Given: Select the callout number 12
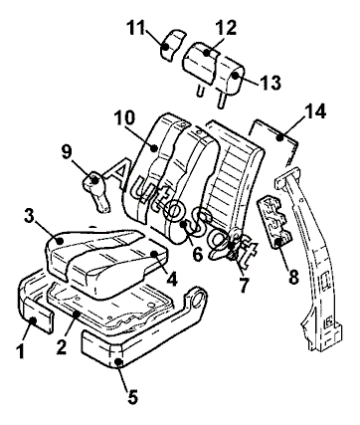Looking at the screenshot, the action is (226, 28).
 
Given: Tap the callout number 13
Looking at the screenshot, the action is (270, 83).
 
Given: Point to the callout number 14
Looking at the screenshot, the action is (315, 111).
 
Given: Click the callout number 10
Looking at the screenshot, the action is (124, 117).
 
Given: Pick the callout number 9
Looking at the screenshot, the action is (66, 151).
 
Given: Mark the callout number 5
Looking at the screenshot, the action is (132, 397).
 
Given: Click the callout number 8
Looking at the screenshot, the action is (293, 277).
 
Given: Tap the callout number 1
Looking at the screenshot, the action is (21, 351).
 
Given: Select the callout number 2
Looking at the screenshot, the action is (62, 347).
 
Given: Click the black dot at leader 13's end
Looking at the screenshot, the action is (236, 75).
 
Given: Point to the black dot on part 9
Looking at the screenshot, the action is (94, 180).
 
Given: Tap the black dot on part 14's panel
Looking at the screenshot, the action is (280, 136).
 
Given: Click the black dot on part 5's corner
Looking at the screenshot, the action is (118, 362).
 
